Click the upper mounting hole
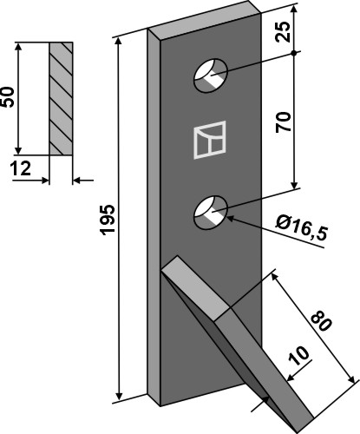click(x=210, y=75)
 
